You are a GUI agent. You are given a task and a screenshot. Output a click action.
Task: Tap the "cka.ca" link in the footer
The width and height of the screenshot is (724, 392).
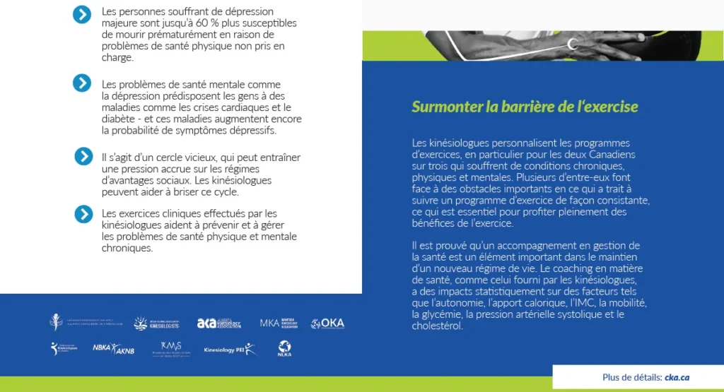pyautogui.click(x=677, y=377)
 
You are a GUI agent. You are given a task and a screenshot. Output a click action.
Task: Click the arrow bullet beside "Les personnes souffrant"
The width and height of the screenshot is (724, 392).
pyautogui.click(x=82, y=14)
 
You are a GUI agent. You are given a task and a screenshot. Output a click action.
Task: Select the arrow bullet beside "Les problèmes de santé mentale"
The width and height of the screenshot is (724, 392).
pyautogui.click(x=82, y=83)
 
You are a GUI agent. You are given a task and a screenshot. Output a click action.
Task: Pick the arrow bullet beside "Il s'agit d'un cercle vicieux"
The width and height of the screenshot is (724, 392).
pyautogui.click(x=83, y=156)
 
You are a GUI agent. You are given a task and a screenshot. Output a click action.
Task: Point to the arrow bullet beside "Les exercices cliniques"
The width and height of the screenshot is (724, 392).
pyautogui.click(x=83, y=213)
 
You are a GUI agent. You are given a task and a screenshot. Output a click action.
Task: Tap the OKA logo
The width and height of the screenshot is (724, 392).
pyautogui.click(x=327, y=323)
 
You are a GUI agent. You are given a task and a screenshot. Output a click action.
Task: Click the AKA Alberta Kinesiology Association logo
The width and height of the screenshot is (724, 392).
pyautogui.click(x=219, y=323)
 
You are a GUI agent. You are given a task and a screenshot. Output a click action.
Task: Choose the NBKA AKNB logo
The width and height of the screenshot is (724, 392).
pyautogui.click(x=113, y=348)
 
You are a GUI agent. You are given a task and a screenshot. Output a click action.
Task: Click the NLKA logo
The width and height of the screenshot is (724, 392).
pyautogui.click(x=284, y=348)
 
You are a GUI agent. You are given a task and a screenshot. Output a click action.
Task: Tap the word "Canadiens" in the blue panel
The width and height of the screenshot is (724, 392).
pyautogui.click(x=613, y=154)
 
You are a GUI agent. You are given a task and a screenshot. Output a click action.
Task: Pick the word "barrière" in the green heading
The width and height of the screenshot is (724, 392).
pyautogui.click(x=513, y=107)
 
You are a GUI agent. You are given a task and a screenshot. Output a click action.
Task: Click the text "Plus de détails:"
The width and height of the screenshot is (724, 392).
pyautogui.click(x=632, y=377)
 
